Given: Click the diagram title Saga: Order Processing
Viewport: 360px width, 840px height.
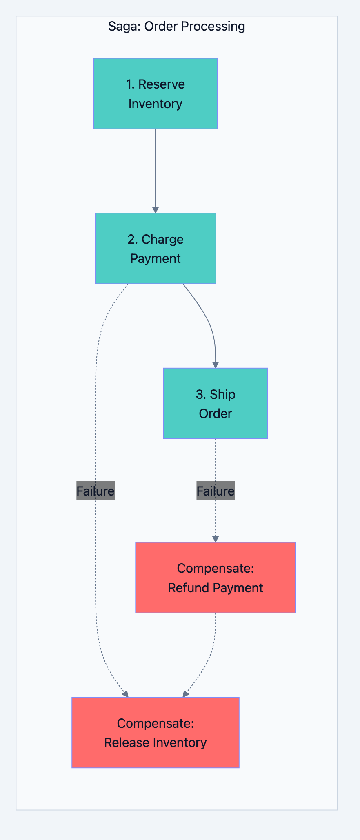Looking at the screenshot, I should [176, 27].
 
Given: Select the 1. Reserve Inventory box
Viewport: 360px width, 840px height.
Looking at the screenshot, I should [156, 93].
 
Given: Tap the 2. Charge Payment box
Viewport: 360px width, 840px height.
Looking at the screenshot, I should [156, 248].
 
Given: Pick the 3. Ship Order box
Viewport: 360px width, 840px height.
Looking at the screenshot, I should [216, 403].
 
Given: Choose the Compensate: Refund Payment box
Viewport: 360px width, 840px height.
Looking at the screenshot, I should [216, 578].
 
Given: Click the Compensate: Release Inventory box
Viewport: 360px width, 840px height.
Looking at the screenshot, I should [156, 732].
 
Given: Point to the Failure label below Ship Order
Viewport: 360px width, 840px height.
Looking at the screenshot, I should [216, 491].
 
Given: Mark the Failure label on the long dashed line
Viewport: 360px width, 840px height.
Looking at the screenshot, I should [96, 491].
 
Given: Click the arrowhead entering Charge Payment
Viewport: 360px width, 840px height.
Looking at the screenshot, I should [156, 210].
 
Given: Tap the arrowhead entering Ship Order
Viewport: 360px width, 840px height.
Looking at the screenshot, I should [216, 365].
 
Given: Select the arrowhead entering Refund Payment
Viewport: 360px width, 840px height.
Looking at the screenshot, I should [216, 539].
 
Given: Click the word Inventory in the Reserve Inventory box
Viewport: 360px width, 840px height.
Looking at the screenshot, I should [156, 104].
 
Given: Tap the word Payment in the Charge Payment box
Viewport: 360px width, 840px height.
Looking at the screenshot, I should [156, 258].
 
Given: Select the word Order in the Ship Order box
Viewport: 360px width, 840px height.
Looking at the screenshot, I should [216, 413].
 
